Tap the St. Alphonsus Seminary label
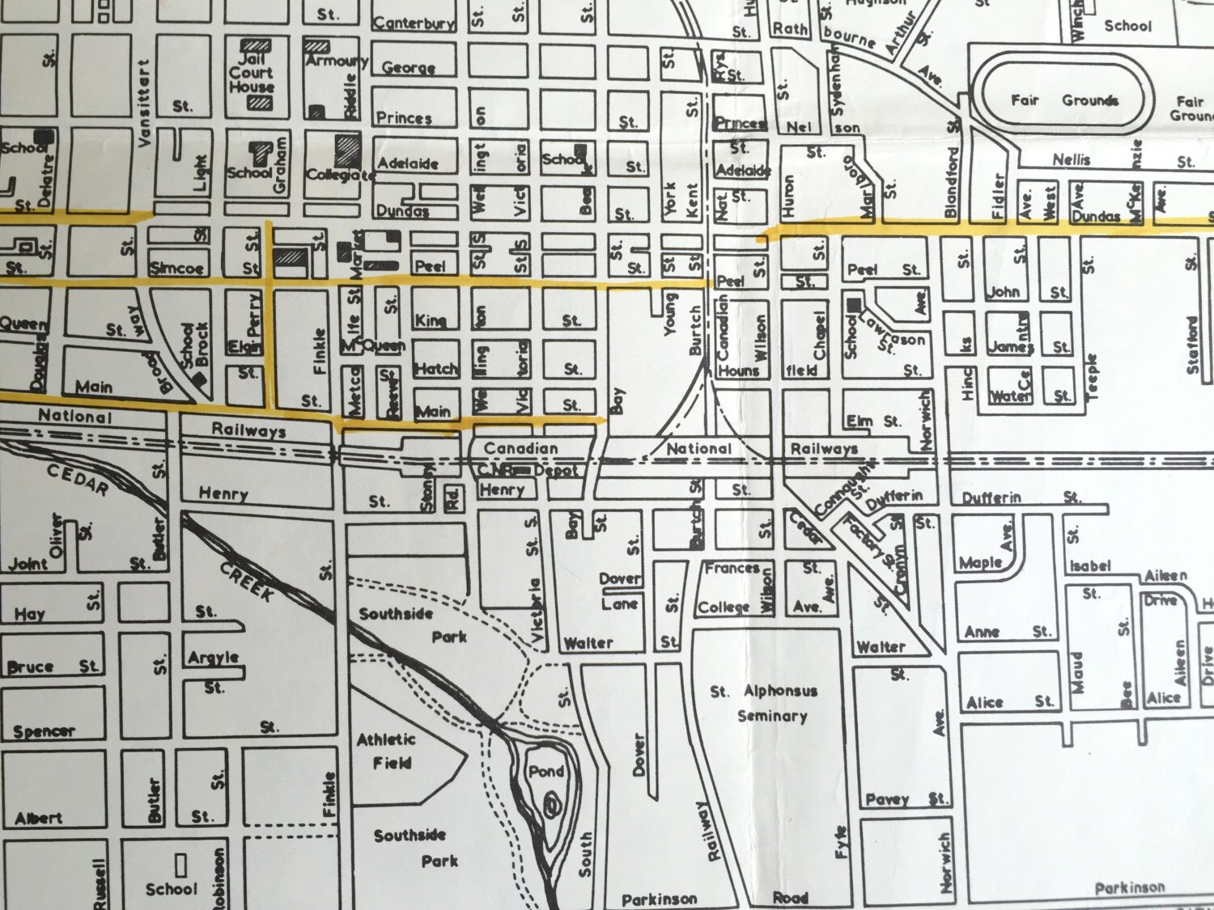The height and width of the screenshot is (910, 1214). (x=765, y=703)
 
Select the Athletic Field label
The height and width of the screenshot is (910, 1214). (x=386, y=751)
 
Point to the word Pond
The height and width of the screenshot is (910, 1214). (x=545, y=772)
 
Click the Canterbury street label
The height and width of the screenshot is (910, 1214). (x=414, y=23)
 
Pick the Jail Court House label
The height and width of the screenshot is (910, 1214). (x=251, y=73)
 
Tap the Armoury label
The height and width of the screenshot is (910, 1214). (x=337, y=61)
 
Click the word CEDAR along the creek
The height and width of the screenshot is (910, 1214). (x=78, y=480)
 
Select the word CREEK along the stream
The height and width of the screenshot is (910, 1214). (x=248, y=582)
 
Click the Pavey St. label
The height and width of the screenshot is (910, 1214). (x=905, y=799)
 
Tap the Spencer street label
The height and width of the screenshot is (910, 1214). (x=44, y=731)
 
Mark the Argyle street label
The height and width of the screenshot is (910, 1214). (x=214, y=657)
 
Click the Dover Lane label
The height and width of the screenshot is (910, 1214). (x=619, y=591)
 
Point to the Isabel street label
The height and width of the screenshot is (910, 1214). (x=1090, y=565)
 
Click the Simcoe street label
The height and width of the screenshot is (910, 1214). (x=176, y=268)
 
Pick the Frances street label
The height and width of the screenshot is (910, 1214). (x=732, y=569)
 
